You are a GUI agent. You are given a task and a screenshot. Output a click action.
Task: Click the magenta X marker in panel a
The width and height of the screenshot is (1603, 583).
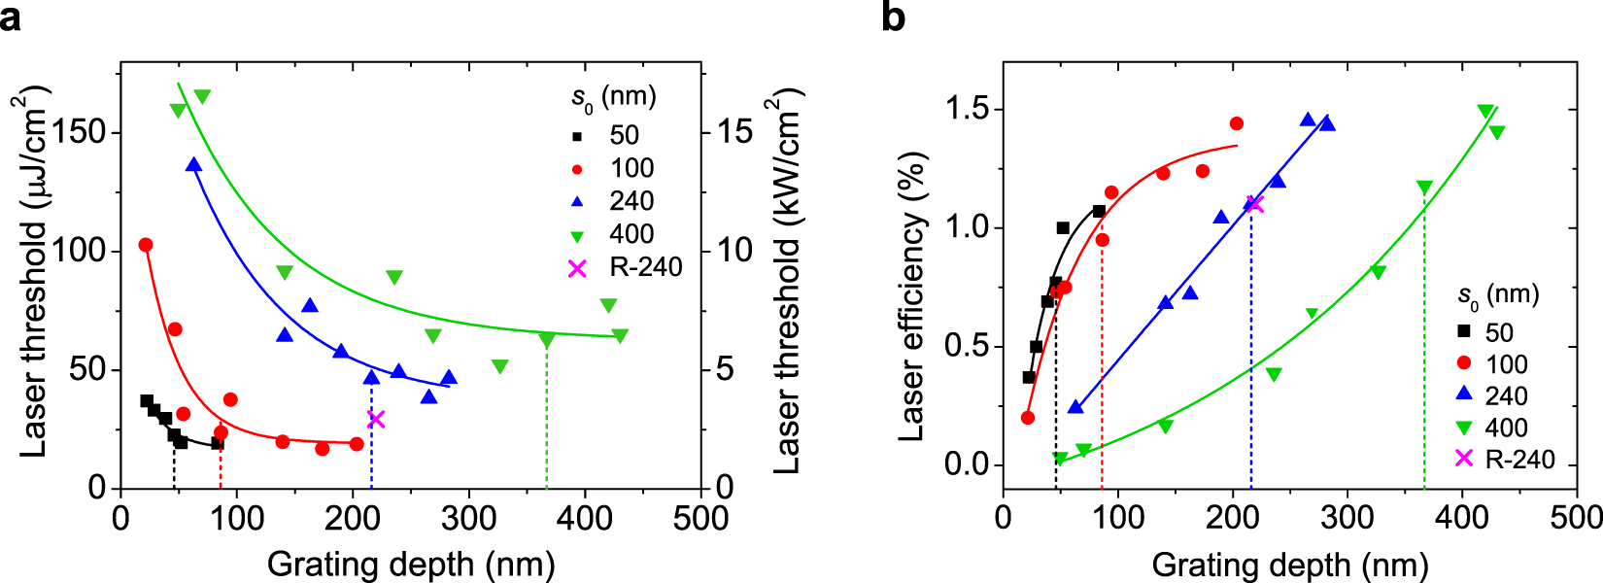click(376, 420)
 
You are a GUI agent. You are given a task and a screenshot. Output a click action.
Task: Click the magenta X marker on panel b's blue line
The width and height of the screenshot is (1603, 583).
click(1254, 204)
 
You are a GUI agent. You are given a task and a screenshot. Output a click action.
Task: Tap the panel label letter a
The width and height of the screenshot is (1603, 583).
click(11, 17)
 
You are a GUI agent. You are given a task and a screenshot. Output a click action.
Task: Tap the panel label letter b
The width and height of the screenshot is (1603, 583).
click(894, 17)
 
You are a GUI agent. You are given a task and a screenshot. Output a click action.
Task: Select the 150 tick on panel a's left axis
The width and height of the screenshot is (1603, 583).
click(79, 132)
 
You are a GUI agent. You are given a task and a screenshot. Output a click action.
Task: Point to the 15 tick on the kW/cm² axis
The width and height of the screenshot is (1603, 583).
click(735, 132)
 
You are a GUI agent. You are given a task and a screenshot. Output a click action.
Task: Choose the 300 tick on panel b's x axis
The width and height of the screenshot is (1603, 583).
click(1347, 517)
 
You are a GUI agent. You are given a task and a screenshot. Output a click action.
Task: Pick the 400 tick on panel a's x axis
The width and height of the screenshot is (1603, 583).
click(584, 517)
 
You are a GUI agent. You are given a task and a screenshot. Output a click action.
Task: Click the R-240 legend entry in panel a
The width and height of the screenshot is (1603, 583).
click(645, 267)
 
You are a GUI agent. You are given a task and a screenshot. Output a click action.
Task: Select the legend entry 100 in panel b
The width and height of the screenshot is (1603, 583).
click(1506, 364)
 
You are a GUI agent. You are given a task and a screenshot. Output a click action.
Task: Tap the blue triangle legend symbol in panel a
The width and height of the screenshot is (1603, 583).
click(577, 202)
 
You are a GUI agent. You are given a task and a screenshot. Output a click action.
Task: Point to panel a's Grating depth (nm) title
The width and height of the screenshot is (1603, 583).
click(411, 565)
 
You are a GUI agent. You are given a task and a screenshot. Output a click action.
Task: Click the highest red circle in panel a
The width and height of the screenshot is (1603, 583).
click(146, 245)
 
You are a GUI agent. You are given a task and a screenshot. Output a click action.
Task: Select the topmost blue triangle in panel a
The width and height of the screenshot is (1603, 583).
click(194, 165)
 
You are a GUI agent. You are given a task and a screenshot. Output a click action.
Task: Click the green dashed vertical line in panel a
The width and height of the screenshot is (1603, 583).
click(547, 418)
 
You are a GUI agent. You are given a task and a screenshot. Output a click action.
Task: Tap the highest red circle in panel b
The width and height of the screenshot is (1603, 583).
click(1236, 123)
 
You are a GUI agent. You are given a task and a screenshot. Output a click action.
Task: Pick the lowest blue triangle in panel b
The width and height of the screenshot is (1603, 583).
click(1074, 407)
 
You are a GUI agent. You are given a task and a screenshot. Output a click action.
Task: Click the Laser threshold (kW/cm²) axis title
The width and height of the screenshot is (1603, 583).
click(787, 282)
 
